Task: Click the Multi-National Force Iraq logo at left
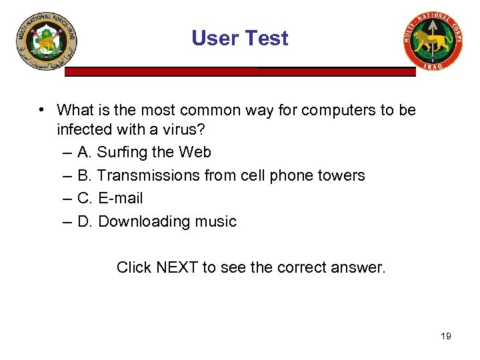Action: pos(47,41)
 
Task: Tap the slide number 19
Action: pos(446,336)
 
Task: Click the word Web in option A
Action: pos(195,153)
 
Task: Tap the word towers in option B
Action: pos(341,176)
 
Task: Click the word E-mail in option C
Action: pos(120,199)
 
